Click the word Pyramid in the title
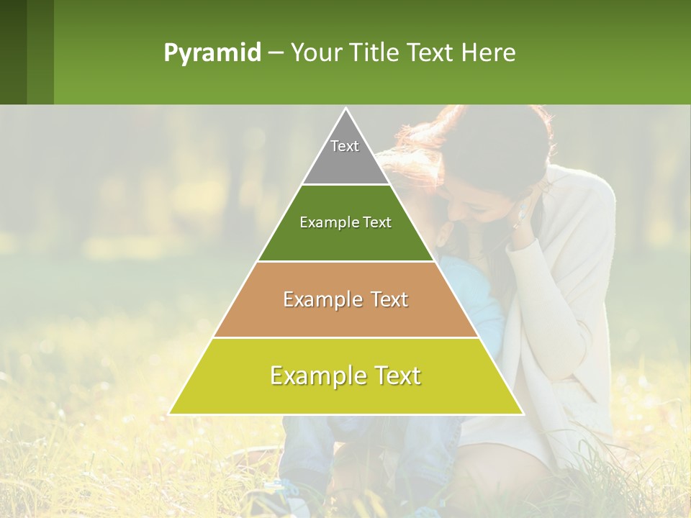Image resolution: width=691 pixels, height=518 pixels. tap(212, 53)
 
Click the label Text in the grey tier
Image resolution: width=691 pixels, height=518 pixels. tap(345, 146)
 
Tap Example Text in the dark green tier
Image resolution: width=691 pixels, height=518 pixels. tap(345, 222)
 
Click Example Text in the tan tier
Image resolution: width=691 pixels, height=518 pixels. tap(345, 299)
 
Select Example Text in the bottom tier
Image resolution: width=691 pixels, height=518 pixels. tap(345, 376)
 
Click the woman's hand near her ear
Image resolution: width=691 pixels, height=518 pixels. tap(524, 216)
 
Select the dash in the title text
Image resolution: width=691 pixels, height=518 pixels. tap(276, 53)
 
